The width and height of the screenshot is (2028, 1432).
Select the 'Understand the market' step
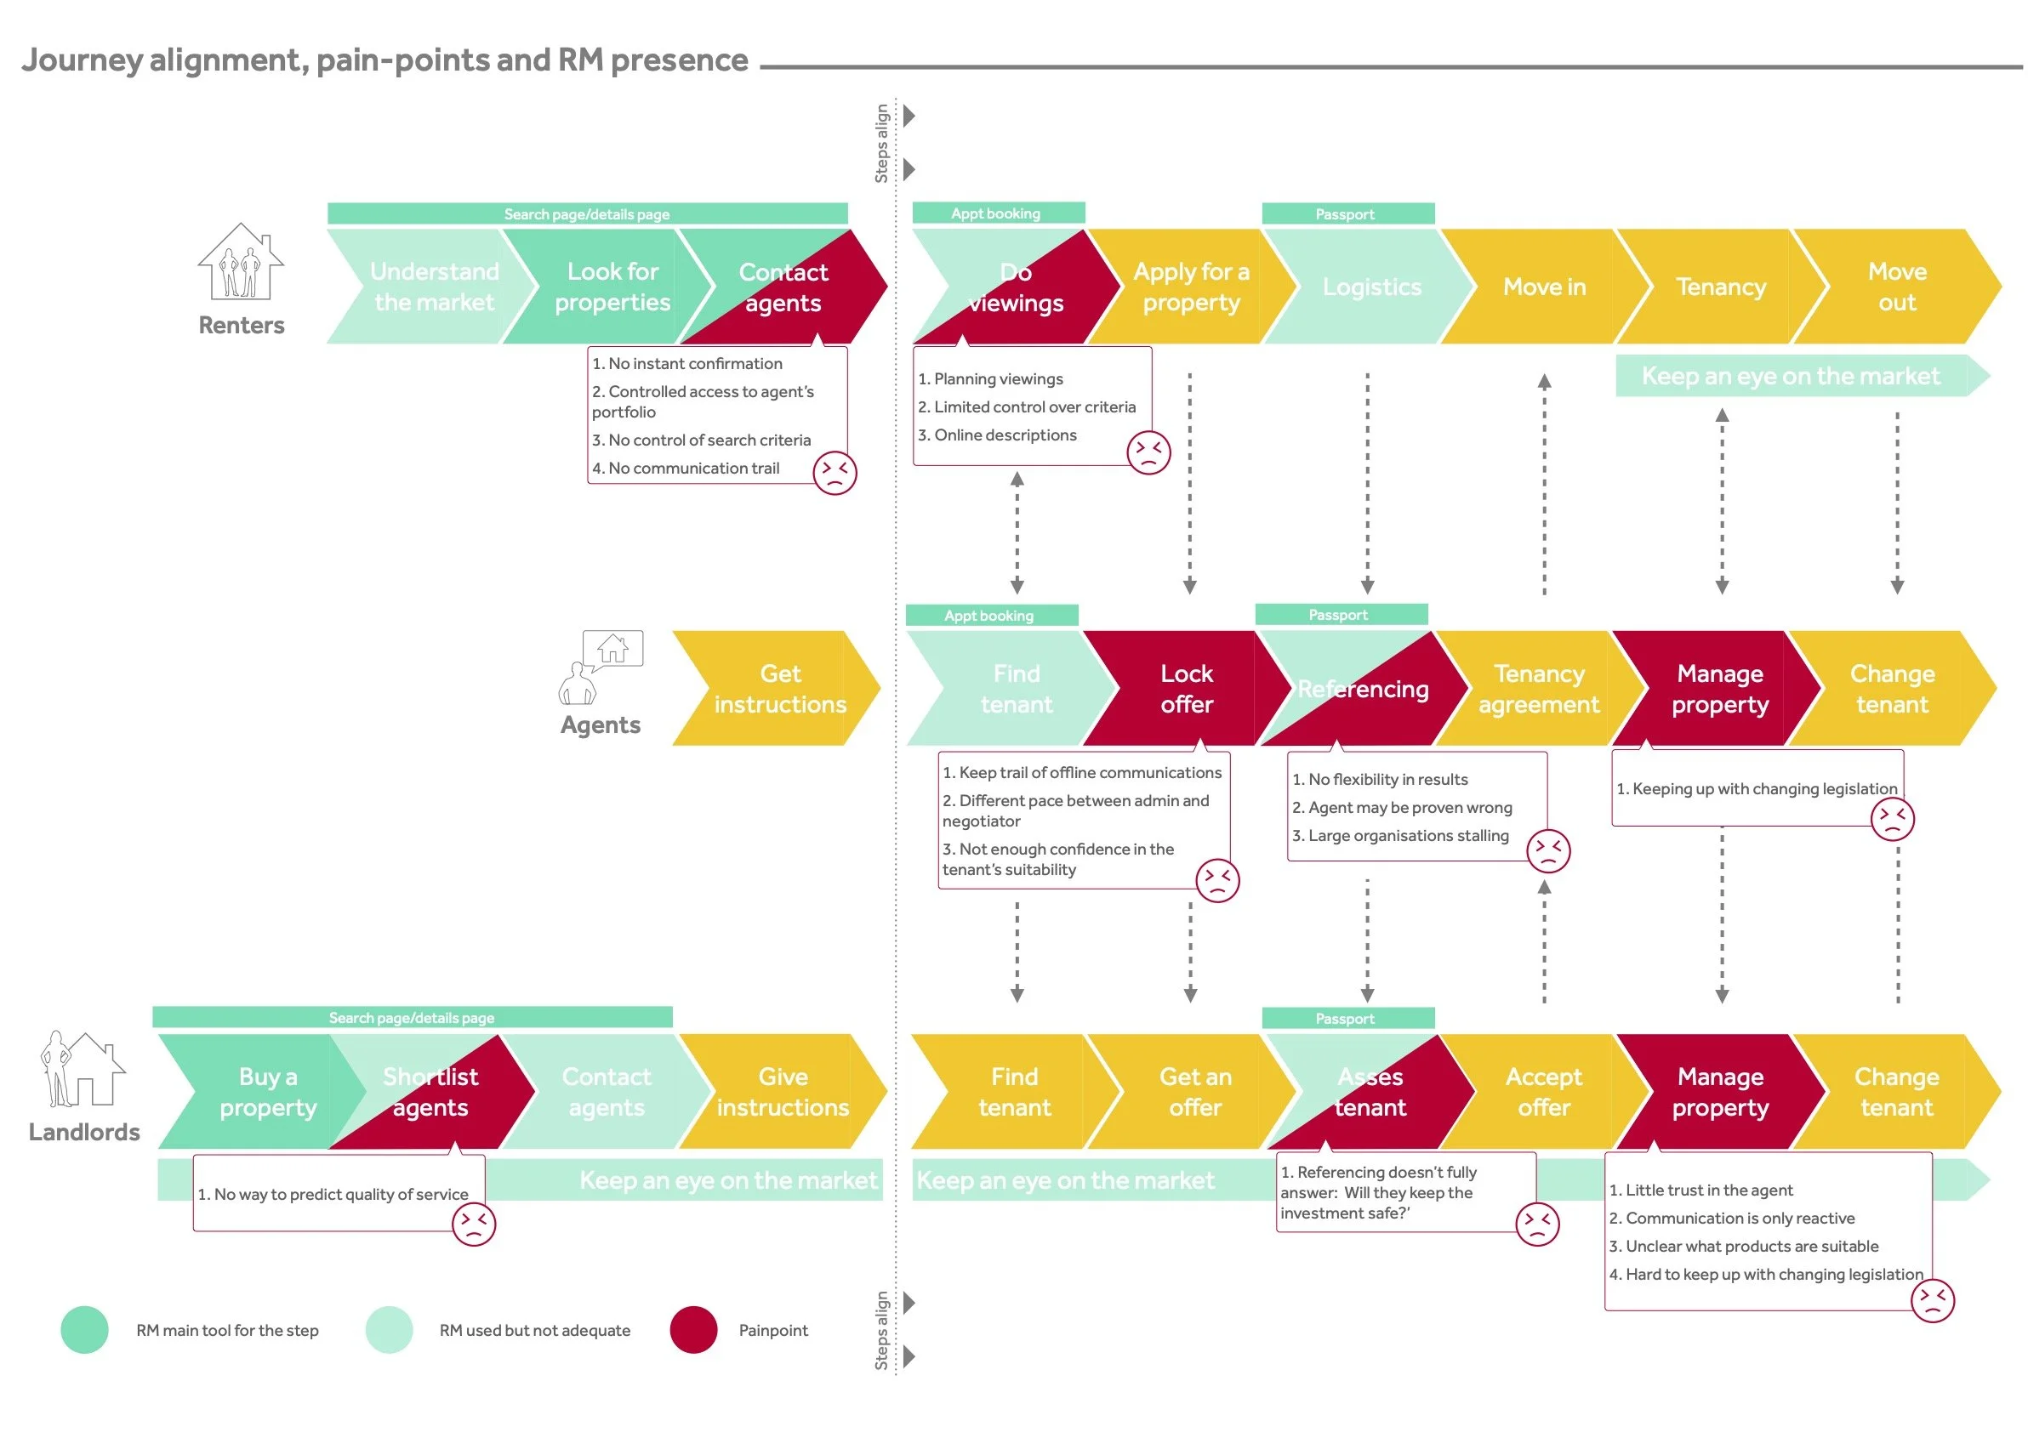[x=433, y=287]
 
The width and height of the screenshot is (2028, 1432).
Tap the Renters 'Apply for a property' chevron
[x=1191, y=287]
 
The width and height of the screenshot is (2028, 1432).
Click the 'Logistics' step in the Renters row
[x=1370, y=287]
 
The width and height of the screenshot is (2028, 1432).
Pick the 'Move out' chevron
[x=1896, y=287]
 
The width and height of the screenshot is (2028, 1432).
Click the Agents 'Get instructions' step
[x=779, y=689]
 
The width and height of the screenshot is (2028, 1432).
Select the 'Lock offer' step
[x=1185, y=689]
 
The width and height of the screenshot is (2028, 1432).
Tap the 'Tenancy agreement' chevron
[x=1538, y=689]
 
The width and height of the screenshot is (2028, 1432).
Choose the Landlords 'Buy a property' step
[x=268, y=1091]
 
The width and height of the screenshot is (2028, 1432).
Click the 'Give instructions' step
[x=783, y=1091]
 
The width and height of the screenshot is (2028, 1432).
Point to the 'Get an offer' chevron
[x=1194, y=1091]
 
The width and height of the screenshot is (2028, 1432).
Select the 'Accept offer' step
[x=1543, y=1091]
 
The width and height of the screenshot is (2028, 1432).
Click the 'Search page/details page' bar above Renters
[x=586, y=213]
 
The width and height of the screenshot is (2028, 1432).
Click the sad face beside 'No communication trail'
[x=834, y=472]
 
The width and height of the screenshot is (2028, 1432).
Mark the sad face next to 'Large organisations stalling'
[x=1547, y=850]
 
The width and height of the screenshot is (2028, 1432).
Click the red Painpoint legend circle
[x=693, y=1330]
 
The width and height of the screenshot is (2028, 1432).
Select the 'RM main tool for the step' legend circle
[x=85, y=1330]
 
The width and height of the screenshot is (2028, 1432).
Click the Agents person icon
[x=577, y=683]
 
